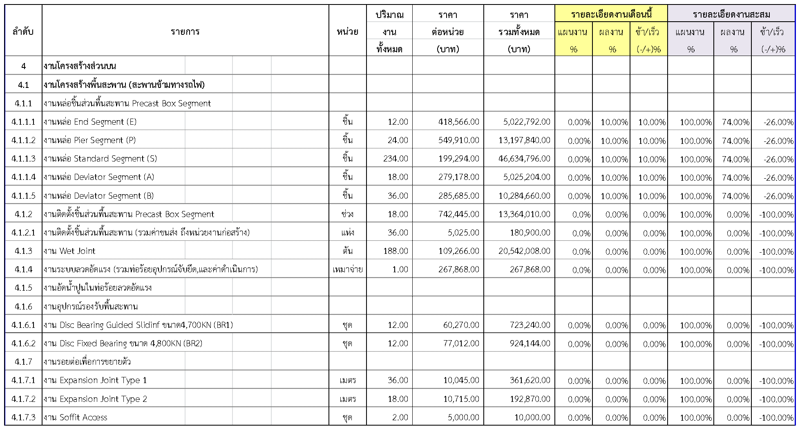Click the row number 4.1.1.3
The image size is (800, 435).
coord(23,159)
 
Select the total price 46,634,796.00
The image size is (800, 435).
coord(524,159)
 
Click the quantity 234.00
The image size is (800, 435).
coord(395,159)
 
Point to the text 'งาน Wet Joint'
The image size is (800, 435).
coord(69,251)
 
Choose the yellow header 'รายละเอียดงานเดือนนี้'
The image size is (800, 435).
coord(611,15)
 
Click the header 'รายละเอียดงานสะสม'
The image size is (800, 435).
coord(731,15)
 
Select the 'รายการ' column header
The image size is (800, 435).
coord(185,31)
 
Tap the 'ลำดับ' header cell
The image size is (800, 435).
coord(23,31)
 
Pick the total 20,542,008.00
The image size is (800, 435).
coord(524,251)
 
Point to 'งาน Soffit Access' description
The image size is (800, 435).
coord(76,417)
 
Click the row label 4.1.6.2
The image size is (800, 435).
coord(23,343)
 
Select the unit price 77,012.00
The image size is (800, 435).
coord(461,343)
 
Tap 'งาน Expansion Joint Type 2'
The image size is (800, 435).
coord(95,399)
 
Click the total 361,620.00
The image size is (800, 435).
coord(530,380)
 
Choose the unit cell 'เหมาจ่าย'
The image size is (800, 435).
coord(348,269)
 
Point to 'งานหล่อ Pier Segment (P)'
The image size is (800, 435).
coord(90,140)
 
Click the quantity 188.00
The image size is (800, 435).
coord(395,251)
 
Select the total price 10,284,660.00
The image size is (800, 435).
coord(524,196)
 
